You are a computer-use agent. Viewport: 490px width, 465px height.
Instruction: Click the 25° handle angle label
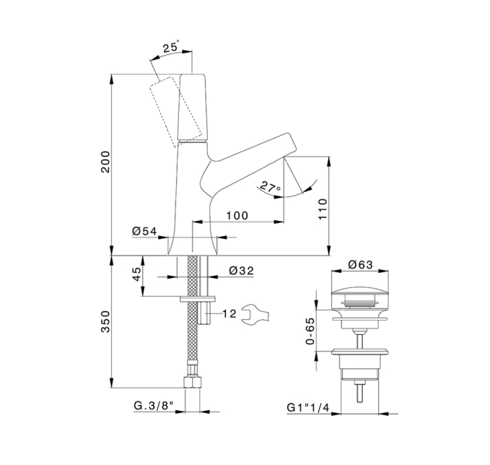pyautogui.click(x=171, y=47)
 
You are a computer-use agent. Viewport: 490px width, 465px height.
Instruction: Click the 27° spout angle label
pyautogui.click(x=270, y=187)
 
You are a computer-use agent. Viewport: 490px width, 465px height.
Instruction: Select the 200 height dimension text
pyautogui.click(x=105, y=162)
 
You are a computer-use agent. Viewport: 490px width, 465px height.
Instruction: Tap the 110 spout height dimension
pyautogui.click(x=323, y=209)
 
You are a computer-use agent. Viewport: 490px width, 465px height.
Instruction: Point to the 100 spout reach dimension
pyautogui.click(x=237, y=215)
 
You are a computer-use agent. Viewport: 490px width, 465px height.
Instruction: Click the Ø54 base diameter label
pyautogui.click(x=144, y=231)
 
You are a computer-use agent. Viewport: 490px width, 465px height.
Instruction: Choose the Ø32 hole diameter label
pyautogui.click(x=241, y=271)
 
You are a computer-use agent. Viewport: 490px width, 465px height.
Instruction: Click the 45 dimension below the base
pyautogui.click(x=137, y=274)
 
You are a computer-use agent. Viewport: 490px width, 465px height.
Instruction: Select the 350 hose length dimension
pyautogui.click(x=105, y=321)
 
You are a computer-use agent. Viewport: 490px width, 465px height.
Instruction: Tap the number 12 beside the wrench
pyautogui.click(x=229, y=313)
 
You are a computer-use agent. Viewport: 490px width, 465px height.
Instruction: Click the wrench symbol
pyautogui.click(x=255, y=315)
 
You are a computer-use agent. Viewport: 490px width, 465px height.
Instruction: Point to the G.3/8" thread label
pyautogui.click(x=154, y=406)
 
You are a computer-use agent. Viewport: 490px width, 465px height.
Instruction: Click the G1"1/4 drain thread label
pyautogui.click(x=308, y=407)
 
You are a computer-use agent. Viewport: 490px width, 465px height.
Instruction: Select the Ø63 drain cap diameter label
pyautogui.click(x=361, y=264)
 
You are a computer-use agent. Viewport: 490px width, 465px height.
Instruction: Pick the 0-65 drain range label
pyautogui.click(x=310, y=331)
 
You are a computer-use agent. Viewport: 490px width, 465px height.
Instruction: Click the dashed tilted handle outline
pyautogui.click(x=175, y=112)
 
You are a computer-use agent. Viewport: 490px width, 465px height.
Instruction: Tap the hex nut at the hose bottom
pyautogui.click(x=192, y=383)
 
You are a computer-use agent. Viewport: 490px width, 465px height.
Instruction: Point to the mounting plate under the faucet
pyautogui.click(x=198, y=299)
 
